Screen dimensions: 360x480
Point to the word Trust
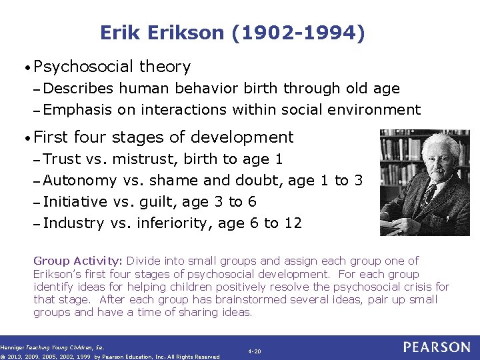pos(62,159)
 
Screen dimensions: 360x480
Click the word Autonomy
pos(80,180)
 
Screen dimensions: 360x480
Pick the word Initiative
pos(75,201)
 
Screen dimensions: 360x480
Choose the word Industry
pos(73,223)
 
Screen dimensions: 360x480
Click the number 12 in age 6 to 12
pos(293,223)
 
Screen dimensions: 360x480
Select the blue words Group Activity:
pos(78,261)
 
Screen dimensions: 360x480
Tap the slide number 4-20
pos(254,350)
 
